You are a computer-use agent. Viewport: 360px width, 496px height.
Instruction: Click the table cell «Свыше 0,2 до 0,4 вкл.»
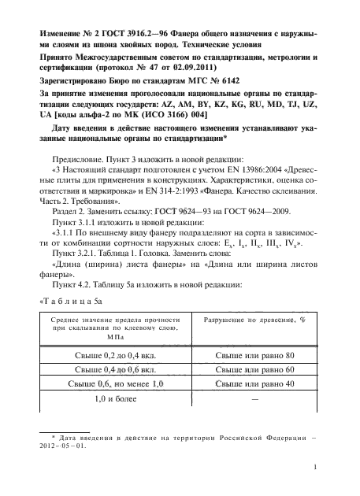pyautogui.click(x=109, y=356)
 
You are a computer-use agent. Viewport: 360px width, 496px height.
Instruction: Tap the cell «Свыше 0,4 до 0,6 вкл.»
pyautogui.click(x=109, y=370)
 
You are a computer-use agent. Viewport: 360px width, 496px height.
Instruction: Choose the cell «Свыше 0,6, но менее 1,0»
pyautogui.click(x=109, y=384)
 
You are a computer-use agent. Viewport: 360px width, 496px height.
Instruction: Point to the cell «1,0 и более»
pyautogui.click(x=109, y=400)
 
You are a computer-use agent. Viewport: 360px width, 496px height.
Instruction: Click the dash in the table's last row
pyautogui.click(x=255, y=400)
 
